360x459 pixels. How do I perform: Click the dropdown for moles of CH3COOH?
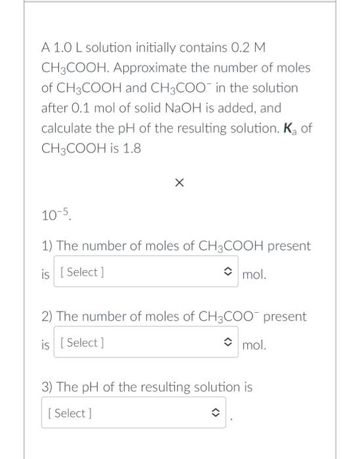click(145, 272)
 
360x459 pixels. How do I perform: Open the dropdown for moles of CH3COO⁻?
click(145, 343)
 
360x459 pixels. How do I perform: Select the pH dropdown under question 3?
click(133, 413)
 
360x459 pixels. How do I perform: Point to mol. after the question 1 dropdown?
click(254, 275)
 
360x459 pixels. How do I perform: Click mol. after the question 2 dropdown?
click(254, 345)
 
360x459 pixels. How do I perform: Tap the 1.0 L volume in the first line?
click(65, 48)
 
